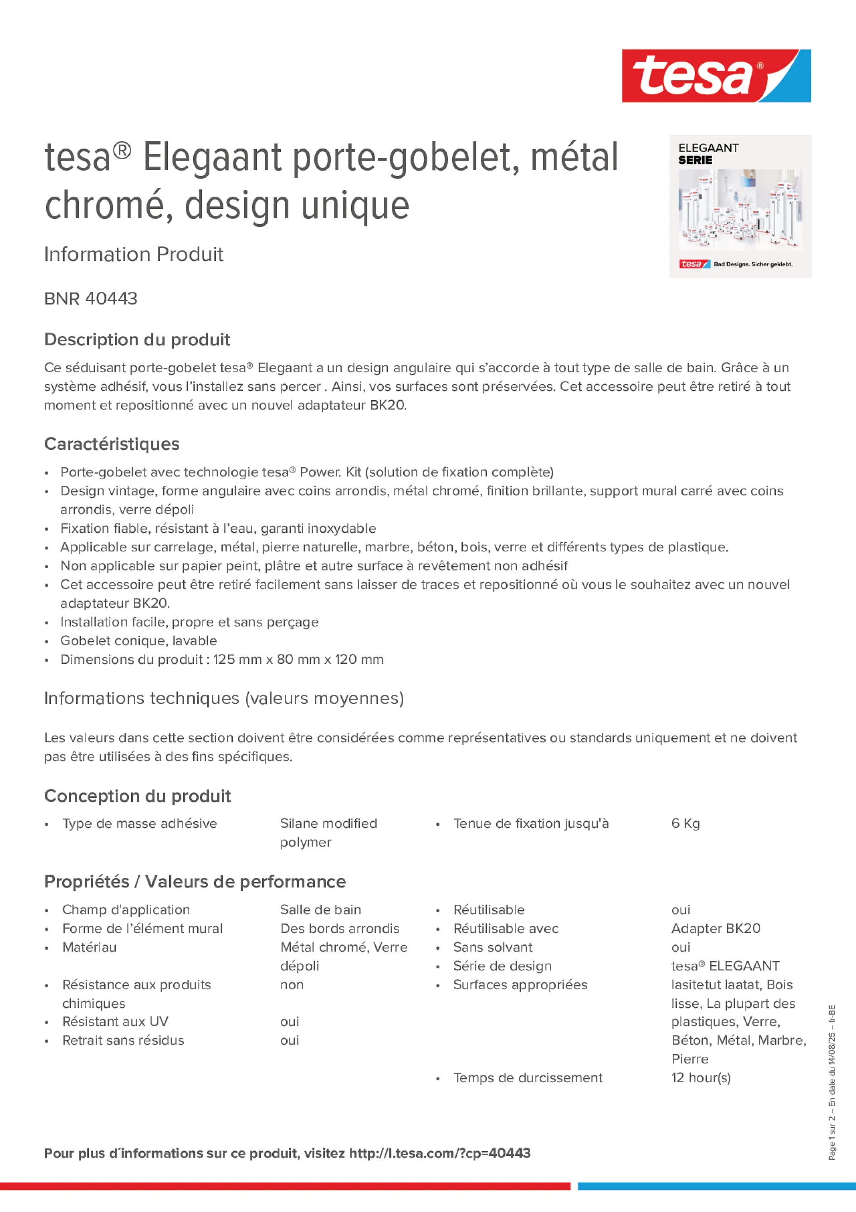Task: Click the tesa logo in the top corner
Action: pos(716,75)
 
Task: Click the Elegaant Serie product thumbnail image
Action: pos(740,206)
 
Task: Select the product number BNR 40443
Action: pos(91,299)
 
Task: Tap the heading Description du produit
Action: pos(137,339)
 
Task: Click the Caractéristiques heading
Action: pos(112,444)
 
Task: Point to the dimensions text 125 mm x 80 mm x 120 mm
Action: pos(298,659)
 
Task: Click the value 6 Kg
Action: pos(685,824)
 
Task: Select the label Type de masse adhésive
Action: pos(139,824)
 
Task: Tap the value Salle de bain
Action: pos(320,909)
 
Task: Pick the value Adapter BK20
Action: pos(716,928)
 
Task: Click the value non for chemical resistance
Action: pos(292,985)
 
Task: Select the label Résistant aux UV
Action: pos(115,1021)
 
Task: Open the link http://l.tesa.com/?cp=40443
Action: pos(440,1153)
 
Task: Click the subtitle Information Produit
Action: pos(133,255)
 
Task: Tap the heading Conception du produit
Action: pos(137,796)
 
